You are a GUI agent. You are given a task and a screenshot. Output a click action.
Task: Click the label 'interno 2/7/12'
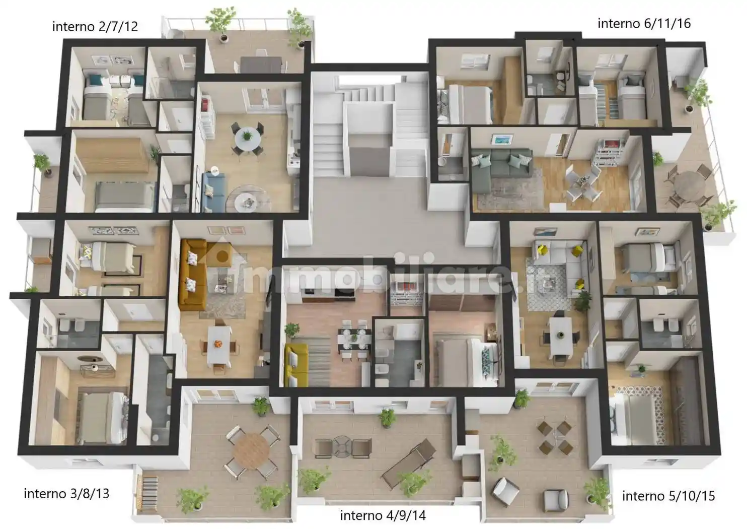pos(95,27)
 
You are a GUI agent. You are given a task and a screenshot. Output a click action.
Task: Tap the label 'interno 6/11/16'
pos(644,24)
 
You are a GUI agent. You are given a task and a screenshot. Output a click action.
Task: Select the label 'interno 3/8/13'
pos(66,494)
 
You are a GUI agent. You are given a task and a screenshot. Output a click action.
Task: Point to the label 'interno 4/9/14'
pos(383,515)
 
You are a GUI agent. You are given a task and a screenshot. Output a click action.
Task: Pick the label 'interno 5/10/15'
pos(668,496)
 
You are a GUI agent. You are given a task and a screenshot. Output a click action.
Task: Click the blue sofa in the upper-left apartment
pos(213,192)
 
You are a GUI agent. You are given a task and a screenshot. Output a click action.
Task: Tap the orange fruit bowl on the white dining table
pos(218,344)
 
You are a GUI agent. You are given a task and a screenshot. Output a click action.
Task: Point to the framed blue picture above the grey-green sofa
pos(502,140)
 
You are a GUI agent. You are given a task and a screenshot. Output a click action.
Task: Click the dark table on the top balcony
pos(261,65)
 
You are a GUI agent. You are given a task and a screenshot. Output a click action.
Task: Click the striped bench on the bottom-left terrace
pos(150,494)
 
